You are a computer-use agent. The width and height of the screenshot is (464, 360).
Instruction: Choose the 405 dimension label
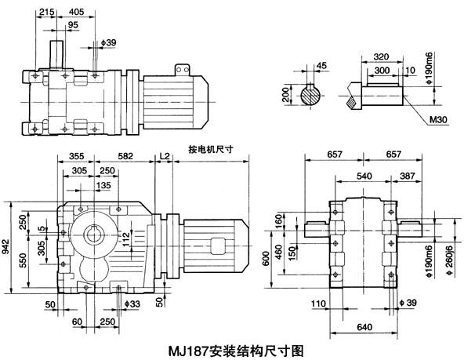(77, 13)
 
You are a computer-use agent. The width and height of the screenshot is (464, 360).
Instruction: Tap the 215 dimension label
(46, 13)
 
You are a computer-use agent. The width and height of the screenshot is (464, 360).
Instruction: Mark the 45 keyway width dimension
(322, 66)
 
